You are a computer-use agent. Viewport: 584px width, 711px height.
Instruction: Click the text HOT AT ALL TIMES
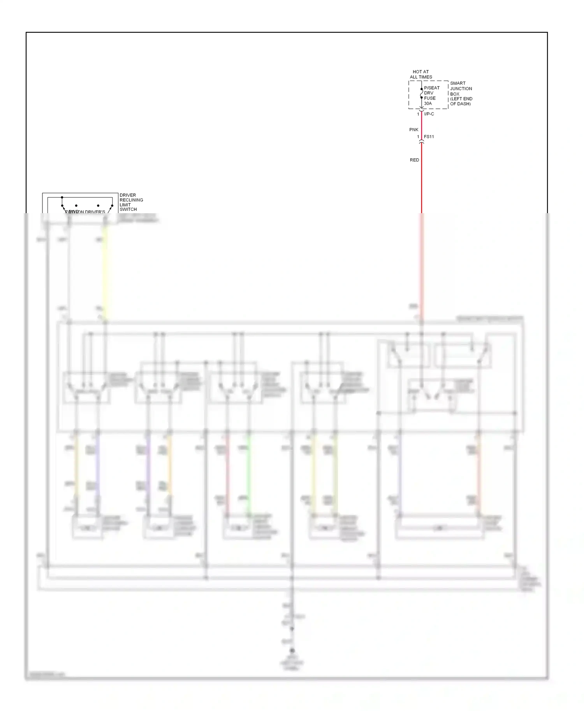[x=420, y=74]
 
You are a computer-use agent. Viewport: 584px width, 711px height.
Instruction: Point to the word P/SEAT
[x=432, y=88]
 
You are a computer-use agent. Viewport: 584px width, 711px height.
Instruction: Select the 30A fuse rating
[x=428, y=103]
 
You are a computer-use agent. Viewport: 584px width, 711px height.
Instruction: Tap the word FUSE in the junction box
[x=430, y=98]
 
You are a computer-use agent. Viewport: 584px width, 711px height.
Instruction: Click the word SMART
[x=458, y=83]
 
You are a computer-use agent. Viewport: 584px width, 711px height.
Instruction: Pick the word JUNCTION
[x=461, y=89]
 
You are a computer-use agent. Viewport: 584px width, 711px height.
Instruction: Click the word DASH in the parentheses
[x=464, y=104]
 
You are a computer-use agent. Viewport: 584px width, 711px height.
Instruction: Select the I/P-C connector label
[x=429, y=114]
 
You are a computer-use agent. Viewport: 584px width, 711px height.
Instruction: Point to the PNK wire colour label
[x=414, y=130]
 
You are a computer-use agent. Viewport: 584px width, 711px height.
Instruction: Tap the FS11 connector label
[x=429, y=137]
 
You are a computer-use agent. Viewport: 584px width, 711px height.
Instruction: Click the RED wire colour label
[x=414, y=160]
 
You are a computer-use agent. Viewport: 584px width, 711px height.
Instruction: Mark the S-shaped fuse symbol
[x=421, y=93]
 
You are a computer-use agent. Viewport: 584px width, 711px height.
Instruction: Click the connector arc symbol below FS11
[x=421, y=142]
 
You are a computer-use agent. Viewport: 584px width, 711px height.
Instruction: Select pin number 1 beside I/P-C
[x=418, y=114]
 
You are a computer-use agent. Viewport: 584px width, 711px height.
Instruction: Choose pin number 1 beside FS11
[x=418, y=137]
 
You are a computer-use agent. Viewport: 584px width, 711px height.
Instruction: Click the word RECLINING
[x=131, y=200]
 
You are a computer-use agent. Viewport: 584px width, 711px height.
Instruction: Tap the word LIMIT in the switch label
[x=125, y=205]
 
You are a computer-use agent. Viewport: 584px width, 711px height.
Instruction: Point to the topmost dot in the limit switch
[x=62, y=198]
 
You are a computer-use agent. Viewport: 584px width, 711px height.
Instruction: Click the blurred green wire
[x=249, y=475]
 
